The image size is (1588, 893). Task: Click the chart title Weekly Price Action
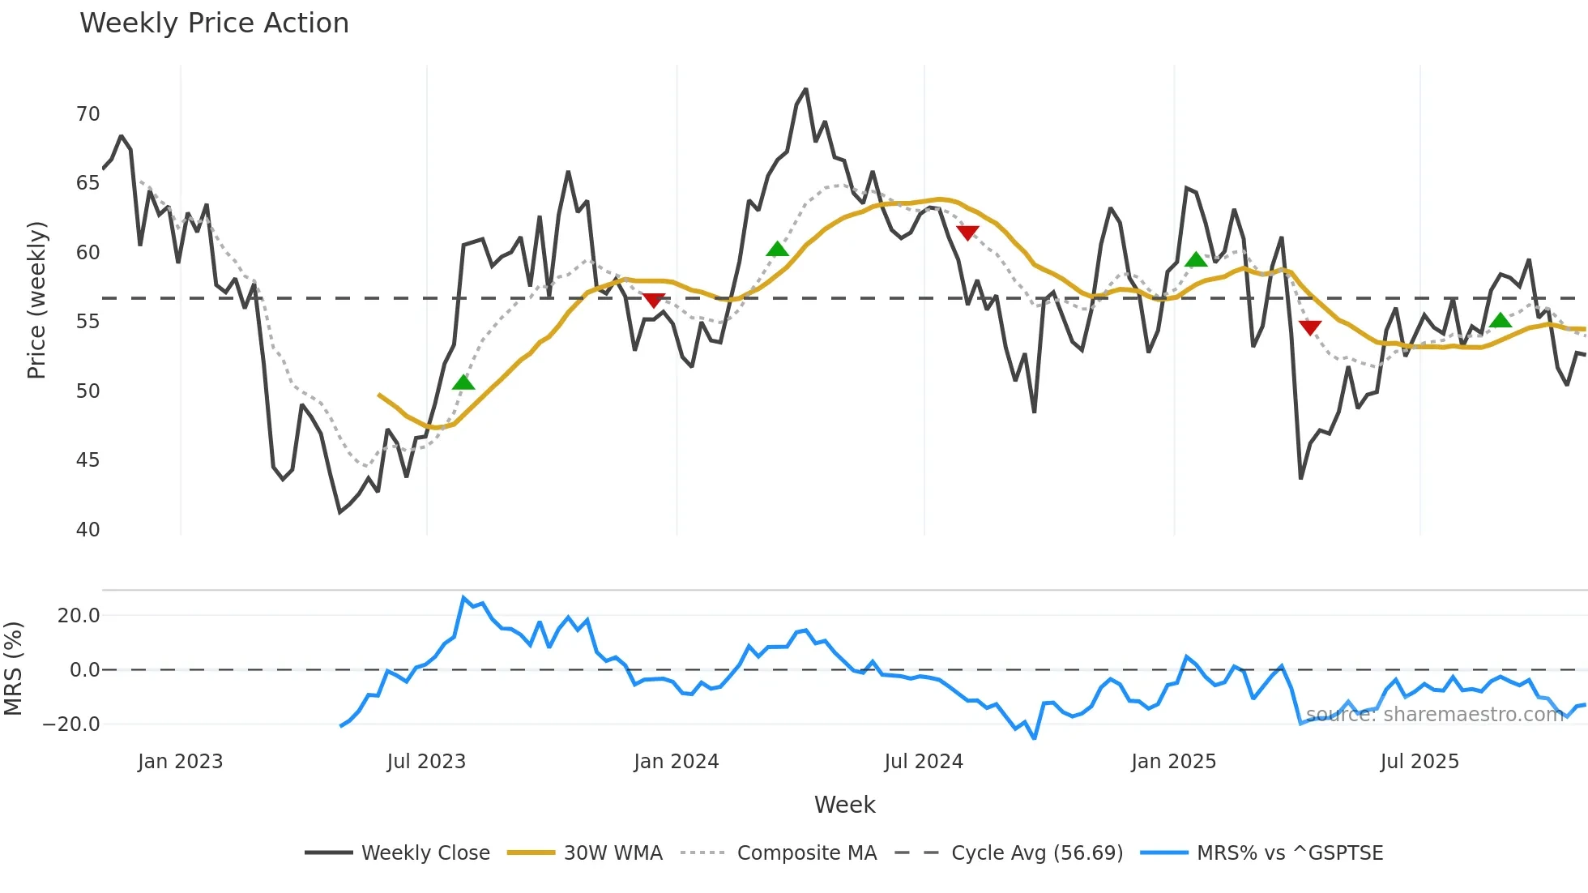pos(214,23)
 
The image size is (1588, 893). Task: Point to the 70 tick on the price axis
pos(88,114)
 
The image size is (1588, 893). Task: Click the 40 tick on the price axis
pos(88,530)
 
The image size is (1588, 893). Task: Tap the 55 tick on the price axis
pos(88,322)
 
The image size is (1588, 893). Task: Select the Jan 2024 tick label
pos(676,762)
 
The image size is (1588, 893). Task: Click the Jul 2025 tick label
pos(1419,762)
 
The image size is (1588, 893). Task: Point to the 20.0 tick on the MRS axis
pos(79,616)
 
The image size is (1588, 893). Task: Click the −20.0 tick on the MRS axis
pos(71,724)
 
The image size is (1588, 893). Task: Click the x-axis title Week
pos(844,805)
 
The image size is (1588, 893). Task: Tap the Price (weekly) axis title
pos(37,301)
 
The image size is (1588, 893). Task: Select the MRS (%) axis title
pos(14,669)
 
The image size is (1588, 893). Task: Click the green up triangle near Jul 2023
pos(463,382)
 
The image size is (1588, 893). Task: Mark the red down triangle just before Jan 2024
pos(654,300)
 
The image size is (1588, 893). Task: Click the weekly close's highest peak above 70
pos(805,89)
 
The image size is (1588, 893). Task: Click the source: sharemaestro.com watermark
pos(1434,715)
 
